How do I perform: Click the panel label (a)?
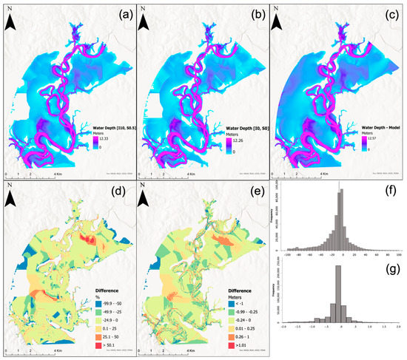tap(119, 13)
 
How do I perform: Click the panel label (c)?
tap(386, 13)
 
